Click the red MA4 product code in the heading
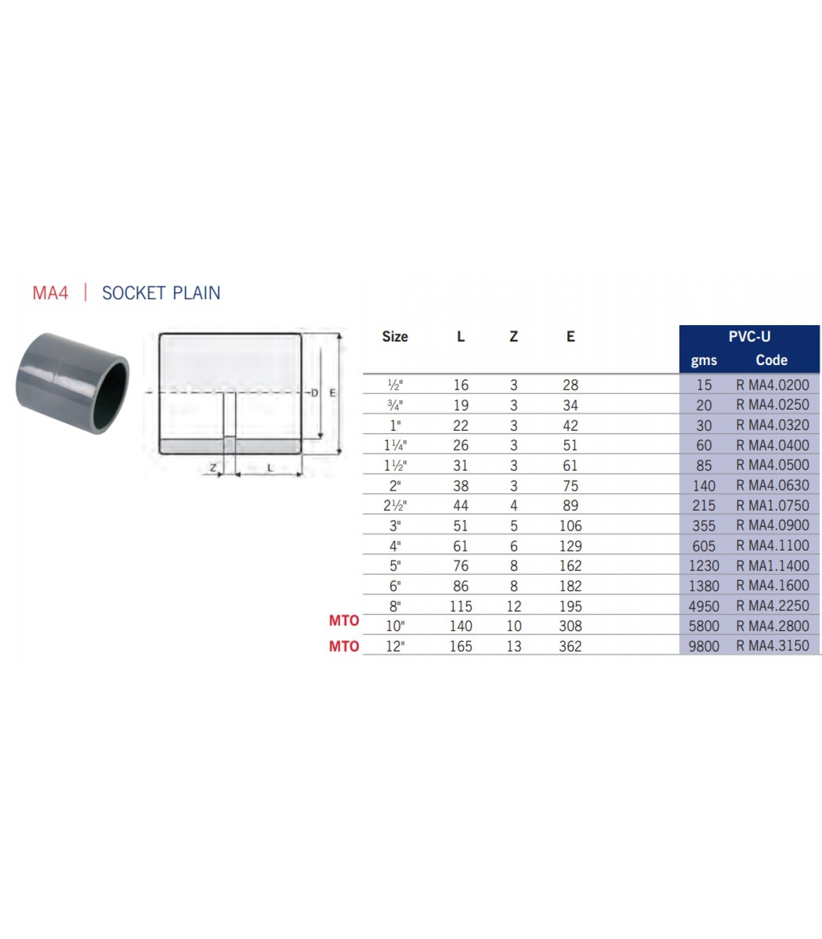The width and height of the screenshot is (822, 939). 50,293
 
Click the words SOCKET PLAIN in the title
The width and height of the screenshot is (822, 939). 161,293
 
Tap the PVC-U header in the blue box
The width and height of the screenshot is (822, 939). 749,337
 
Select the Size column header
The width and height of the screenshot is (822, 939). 395,337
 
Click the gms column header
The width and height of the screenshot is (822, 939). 704,360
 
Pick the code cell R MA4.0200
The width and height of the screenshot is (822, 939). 773,385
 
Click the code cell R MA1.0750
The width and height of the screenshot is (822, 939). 773,505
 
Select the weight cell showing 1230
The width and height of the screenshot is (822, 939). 704,566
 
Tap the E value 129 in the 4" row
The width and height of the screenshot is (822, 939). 570,546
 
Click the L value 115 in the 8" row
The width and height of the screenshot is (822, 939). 461,606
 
